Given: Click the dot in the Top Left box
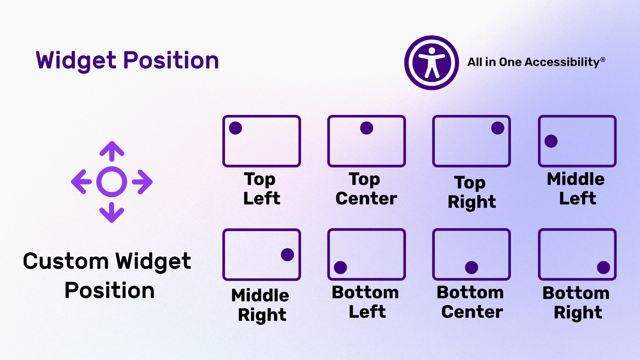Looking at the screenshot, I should (235, 128).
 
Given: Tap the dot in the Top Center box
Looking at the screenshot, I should (366, 128).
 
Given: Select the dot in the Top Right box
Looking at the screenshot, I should (498, 128).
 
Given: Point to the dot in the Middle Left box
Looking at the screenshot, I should (551, 141).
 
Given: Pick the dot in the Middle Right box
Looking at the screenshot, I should (287, 255).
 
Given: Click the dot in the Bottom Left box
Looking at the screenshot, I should (340, 267).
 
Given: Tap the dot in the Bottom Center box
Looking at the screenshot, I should (471, 267).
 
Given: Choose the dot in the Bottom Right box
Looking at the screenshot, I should (603, 267).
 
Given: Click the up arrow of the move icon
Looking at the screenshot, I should (112, 151).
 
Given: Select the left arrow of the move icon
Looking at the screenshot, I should (81, 182).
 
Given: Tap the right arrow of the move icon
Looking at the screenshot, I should (143, 182).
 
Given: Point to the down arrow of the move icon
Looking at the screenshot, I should (112, 213).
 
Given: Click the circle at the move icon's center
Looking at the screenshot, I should (112, 182).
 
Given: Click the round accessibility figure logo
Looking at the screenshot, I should (431, 63).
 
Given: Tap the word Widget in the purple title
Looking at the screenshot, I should (76, 61).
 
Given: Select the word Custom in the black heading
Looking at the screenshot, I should (65, 261).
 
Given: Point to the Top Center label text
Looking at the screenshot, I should (366, 189).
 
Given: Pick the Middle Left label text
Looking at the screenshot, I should (576, 189).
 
